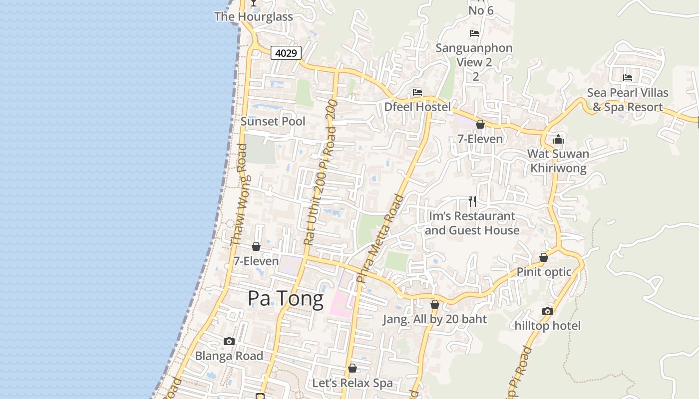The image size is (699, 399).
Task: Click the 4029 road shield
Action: click(x=286, y=53)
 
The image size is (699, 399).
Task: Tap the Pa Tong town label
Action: click(x=286, y=299)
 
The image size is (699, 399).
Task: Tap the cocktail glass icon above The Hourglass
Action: click(x=254, y=3)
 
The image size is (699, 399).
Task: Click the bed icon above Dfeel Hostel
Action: click(x=417, y=92)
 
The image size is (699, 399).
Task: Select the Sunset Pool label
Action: click(x=273, y=121)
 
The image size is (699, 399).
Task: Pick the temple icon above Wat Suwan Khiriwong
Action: click(x=558, y=139)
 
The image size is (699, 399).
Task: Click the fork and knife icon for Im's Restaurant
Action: click(x=472, y=201)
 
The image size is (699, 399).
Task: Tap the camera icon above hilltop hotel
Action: click(x=547, y=311)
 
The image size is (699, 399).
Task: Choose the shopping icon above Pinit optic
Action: click(x=544, y=257)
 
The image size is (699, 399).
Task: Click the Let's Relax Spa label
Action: click(x=352, y=383)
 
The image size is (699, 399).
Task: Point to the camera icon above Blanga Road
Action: click(x=229, y=341)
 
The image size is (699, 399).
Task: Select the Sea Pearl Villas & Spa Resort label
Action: click(x=628, y=100)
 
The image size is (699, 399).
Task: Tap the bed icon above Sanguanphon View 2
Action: click(x=474, y=33)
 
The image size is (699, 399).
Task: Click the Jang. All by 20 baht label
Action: click(x=434, y=319)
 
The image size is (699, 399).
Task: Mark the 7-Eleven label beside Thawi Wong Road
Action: click(x=256, y=261)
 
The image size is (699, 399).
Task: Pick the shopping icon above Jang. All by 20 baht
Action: click(x=435, y=304)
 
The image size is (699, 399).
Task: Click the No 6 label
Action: click(x=481, y=10)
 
